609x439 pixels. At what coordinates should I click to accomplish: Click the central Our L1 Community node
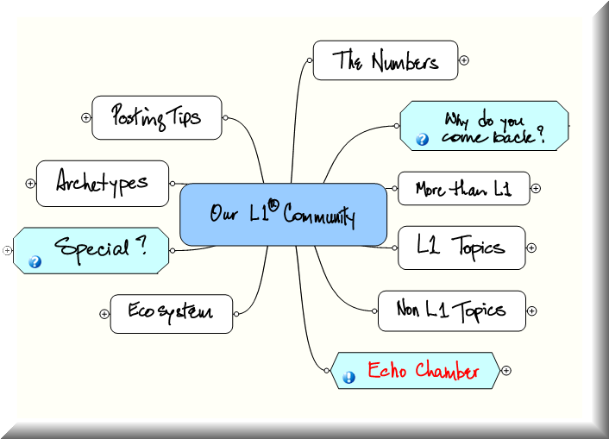point(283,215)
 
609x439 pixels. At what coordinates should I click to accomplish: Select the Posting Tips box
point(156,117)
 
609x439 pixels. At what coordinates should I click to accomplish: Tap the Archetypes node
point(102,183)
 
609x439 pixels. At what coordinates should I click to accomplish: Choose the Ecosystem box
point(171,313)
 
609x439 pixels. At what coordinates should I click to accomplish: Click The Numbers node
point(385,60)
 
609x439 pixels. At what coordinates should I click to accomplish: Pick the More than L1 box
point(462,189)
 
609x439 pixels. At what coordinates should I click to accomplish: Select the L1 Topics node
point(461,248)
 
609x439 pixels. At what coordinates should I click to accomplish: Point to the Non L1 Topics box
point(451,310)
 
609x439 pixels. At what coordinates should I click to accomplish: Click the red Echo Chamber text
point(424,371)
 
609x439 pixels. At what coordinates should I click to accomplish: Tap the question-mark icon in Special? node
point(35,262)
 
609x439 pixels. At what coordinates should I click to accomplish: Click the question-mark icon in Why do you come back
point(423,138)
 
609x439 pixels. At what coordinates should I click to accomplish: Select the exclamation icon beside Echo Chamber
point(349,377)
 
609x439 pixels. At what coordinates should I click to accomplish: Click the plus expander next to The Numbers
point(464,60)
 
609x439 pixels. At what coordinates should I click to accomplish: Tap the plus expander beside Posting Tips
point(86,117)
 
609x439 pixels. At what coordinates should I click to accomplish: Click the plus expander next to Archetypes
point(30,183)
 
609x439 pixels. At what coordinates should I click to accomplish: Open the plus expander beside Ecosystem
point(104,314)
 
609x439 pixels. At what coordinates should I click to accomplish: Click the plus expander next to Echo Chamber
point(506,371)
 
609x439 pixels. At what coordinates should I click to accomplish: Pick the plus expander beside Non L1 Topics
point(532,311)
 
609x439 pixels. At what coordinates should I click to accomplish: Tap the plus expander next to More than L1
point(536,189)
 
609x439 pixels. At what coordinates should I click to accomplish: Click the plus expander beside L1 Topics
point(531,248)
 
